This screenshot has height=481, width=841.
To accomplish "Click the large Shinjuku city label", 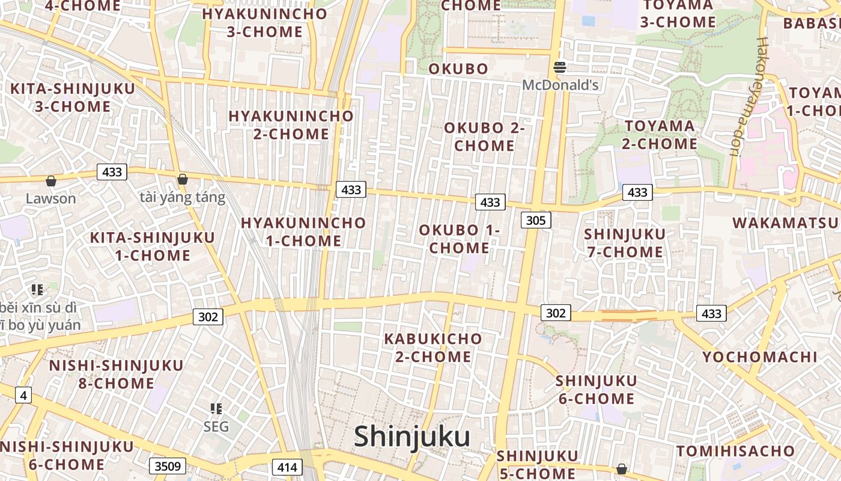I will click(411, 437).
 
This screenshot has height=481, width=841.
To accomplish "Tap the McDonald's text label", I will click(560, 85).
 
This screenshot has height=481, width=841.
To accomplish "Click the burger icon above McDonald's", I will click(560, 67).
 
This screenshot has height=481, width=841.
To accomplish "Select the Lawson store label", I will click(51, 198).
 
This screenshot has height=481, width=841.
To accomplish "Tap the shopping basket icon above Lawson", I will click(51, 180).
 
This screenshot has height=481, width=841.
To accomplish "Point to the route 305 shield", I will click(535, 220).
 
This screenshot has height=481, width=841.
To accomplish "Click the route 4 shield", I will click(23, 395).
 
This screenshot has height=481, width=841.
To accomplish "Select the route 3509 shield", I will click(168, 466).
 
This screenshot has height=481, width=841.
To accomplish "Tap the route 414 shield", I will click(287, 467).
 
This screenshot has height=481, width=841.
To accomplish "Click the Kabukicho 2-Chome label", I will click(433, 348).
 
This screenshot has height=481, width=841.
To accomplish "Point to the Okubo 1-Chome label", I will click(460, 239).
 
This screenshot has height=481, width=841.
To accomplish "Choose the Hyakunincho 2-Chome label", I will click(291, 124).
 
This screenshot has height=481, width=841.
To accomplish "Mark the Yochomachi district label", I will click(759, 357).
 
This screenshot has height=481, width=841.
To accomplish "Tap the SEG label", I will click(216, 427).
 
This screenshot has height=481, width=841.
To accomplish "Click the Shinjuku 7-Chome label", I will click(625, 243).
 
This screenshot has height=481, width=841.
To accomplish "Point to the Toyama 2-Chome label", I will click(660, 135).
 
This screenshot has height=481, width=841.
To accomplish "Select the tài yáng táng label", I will click(183, 197).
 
